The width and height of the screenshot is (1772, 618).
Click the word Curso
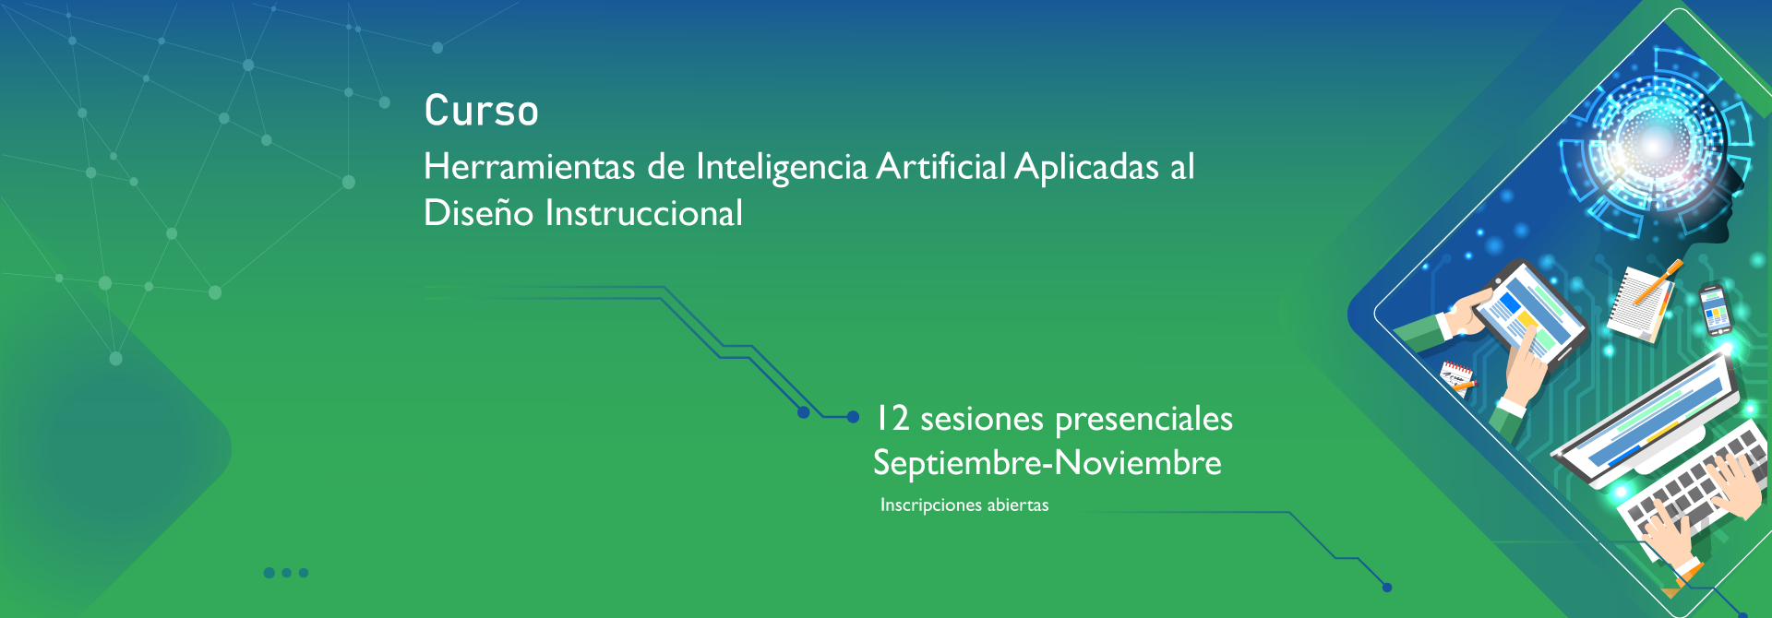[481, 111]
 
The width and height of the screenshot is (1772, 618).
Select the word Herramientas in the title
[529, 167]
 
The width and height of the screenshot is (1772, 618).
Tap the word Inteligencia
[782, 168]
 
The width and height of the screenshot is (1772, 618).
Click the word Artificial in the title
[940, 167]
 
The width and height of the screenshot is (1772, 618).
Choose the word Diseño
[478, 212]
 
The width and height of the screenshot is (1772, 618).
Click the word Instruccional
[643, 213]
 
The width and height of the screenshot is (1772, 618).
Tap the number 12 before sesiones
[892, 418]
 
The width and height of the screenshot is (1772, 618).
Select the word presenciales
[1143, 420]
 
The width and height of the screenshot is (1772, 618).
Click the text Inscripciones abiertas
[964, 505]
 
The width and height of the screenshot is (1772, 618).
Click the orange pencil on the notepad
[1658, 280]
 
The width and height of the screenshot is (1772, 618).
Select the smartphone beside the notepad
[1715, 309]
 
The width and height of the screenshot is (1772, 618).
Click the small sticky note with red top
[1457, 375]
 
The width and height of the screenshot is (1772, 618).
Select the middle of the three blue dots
[287, 573]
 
